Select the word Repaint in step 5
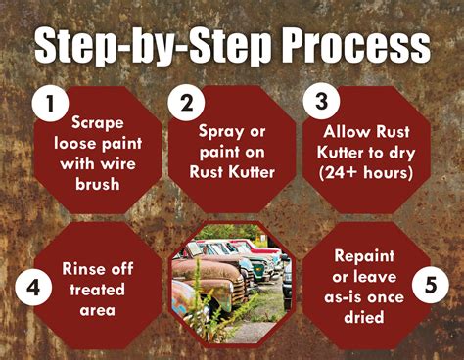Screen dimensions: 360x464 click(364, 256)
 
